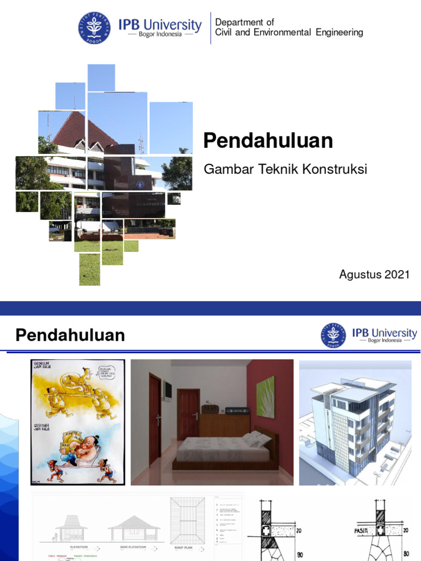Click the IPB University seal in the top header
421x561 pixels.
[94, 28]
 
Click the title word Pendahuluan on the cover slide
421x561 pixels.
[268, 141]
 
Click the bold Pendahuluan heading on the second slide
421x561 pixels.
[70, 335]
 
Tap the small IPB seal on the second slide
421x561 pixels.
[333, 335]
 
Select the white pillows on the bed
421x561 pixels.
[255, 438]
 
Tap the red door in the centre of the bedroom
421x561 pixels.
[188, 414]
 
